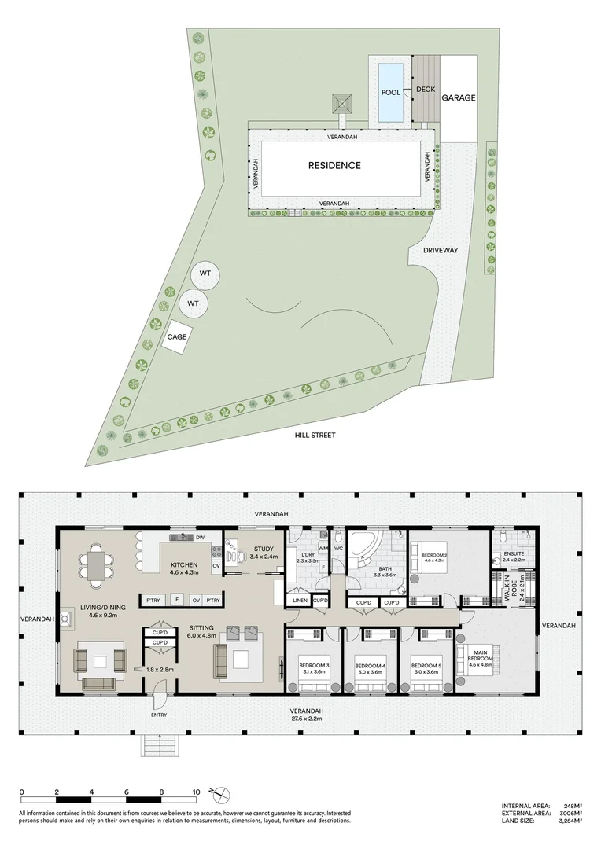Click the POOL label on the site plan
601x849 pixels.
(x=390, y=92)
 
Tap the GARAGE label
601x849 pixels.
(x=459, y=98)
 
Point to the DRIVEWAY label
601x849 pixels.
(x=441, y=250)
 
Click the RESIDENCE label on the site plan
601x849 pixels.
(x=334, y=165)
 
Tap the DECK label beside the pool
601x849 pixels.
(x=426, y=90)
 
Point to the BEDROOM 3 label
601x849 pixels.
(x=315, y=667)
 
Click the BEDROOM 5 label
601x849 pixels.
(x=426, y=667)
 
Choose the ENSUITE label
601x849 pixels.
(x=503, y=553)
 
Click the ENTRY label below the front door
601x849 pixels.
(x=159, y=715)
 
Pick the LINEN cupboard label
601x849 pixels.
(x=300, y=601)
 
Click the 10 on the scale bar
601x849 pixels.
(x=196, y=792)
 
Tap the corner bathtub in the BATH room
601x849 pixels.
(x=363, y=548)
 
